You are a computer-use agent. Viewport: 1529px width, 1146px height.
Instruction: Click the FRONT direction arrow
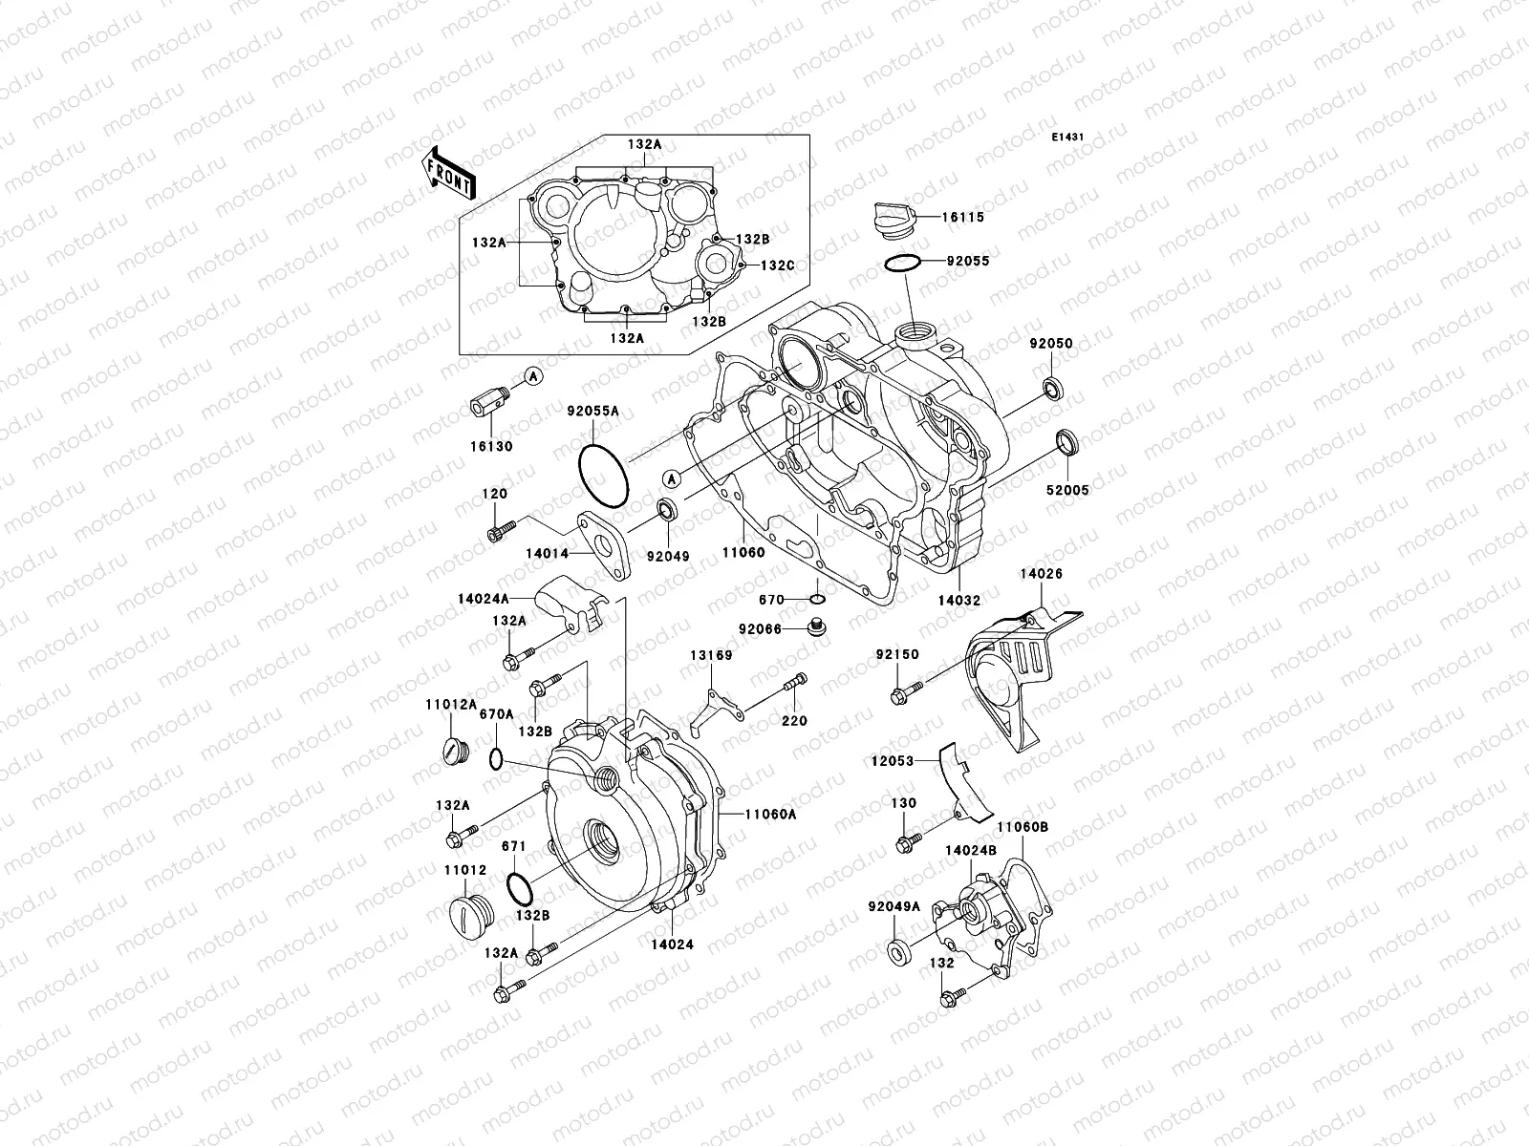point(449,173)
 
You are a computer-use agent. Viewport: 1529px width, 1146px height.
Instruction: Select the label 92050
point(1051,344)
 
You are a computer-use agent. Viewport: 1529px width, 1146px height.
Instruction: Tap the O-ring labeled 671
point(518,888)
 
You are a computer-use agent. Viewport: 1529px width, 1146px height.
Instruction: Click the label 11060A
point(770,814)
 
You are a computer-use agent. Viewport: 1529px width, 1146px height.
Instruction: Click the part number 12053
point(892,761)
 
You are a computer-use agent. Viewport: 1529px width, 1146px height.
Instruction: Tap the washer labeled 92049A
point(899,951)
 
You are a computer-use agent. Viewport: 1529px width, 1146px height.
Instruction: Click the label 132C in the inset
point(776,265)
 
